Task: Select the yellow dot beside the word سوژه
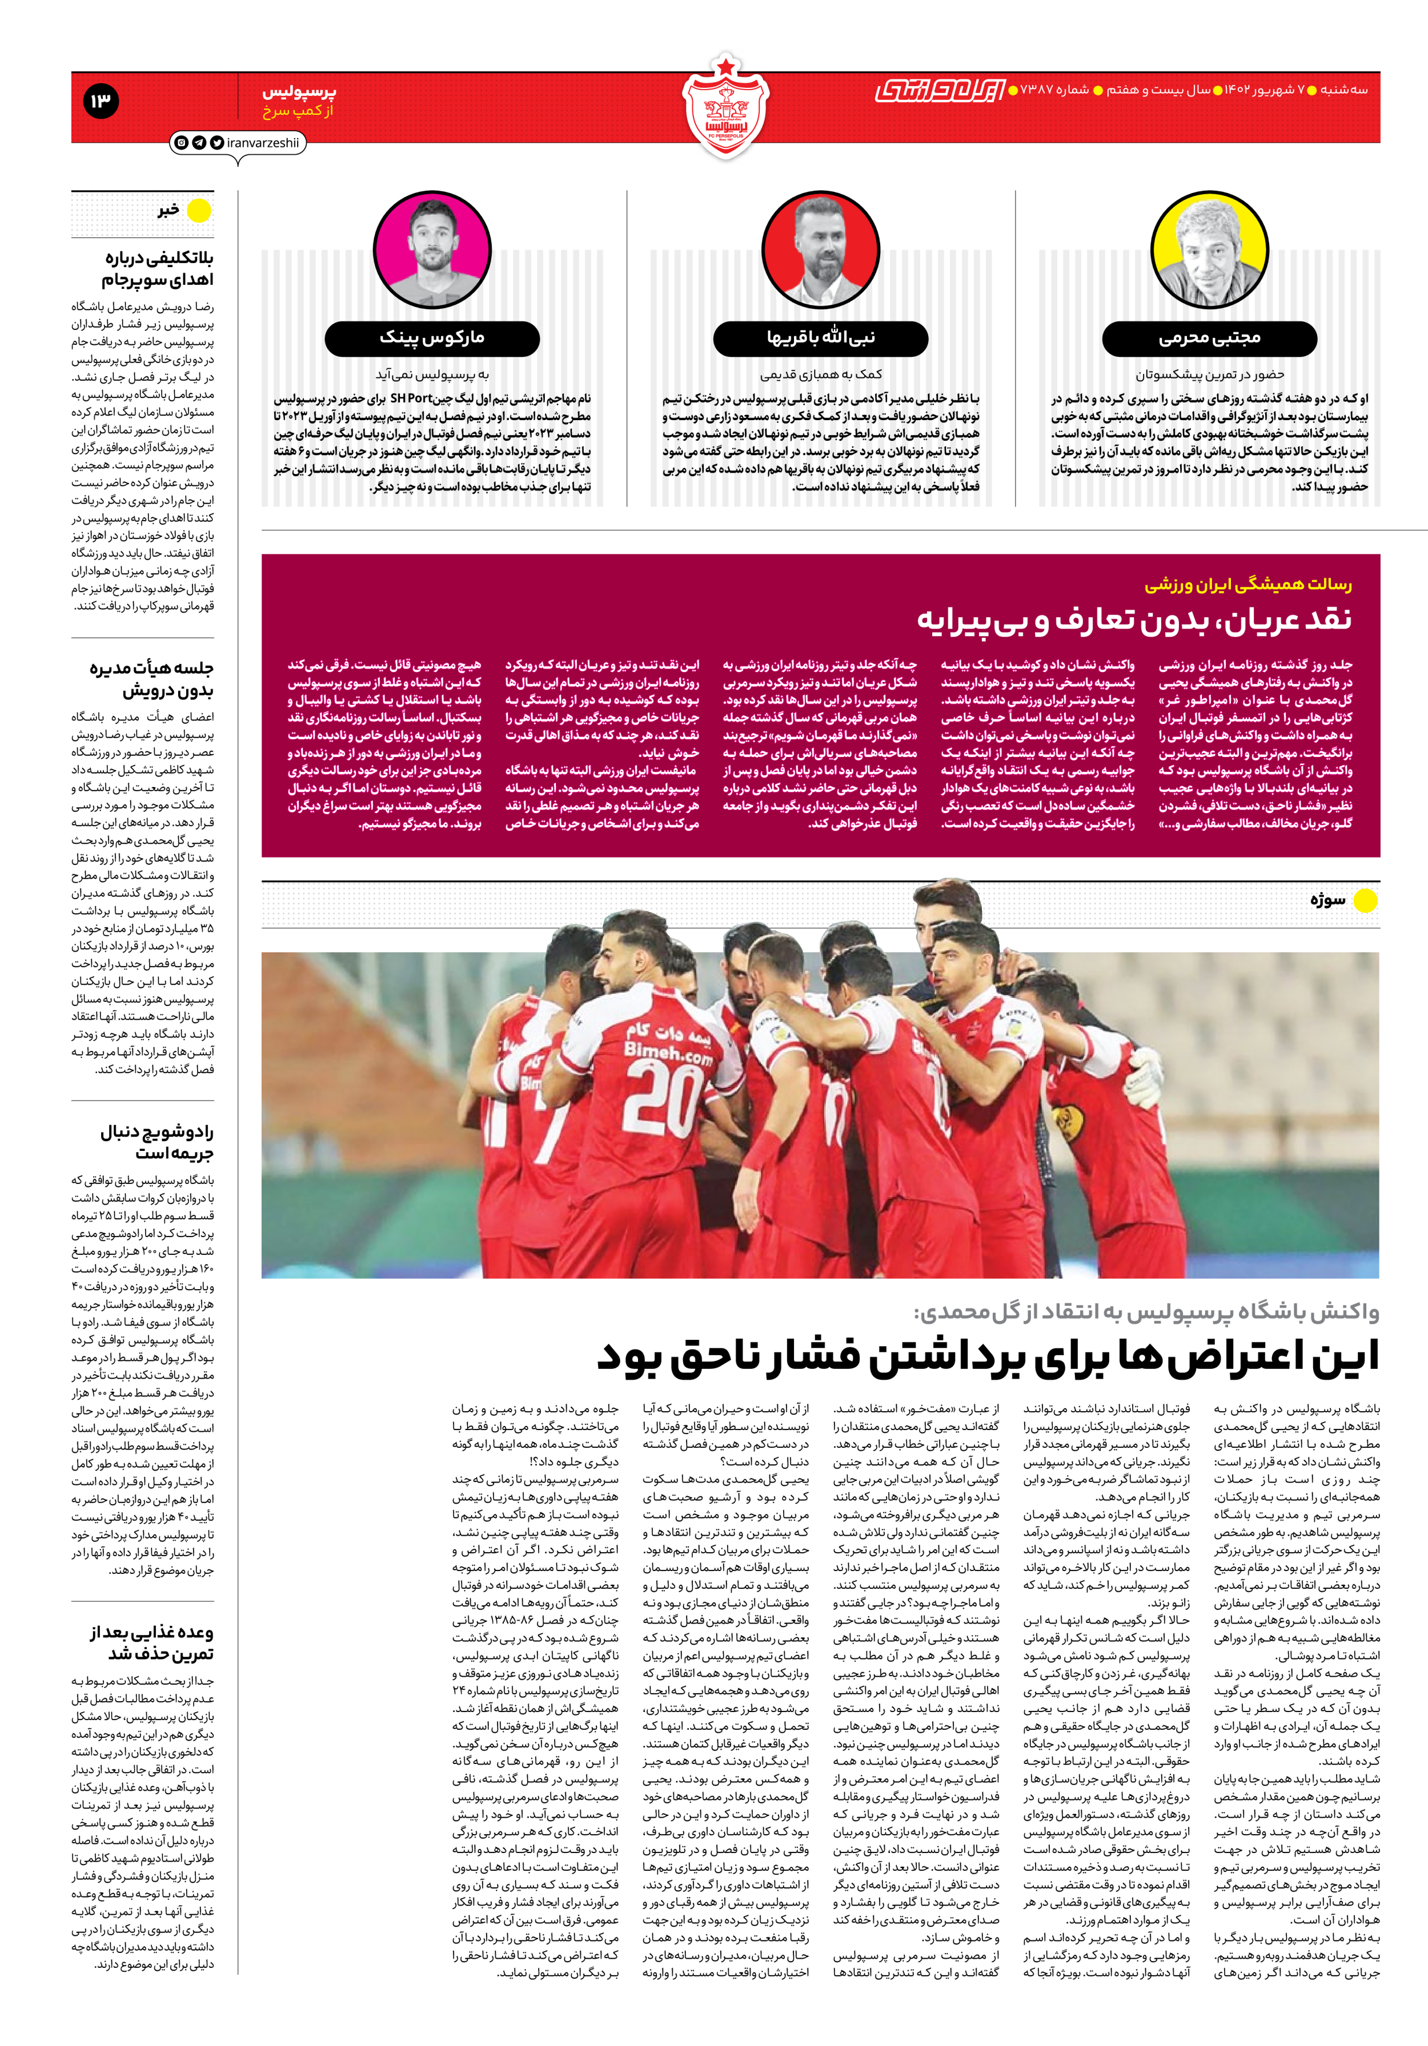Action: click(x=1365, y=900)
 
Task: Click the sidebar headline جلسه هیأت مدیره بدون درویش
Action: click(x=151, y=679)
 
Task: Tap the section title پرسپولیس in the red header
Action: click(x=299, y=91)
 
